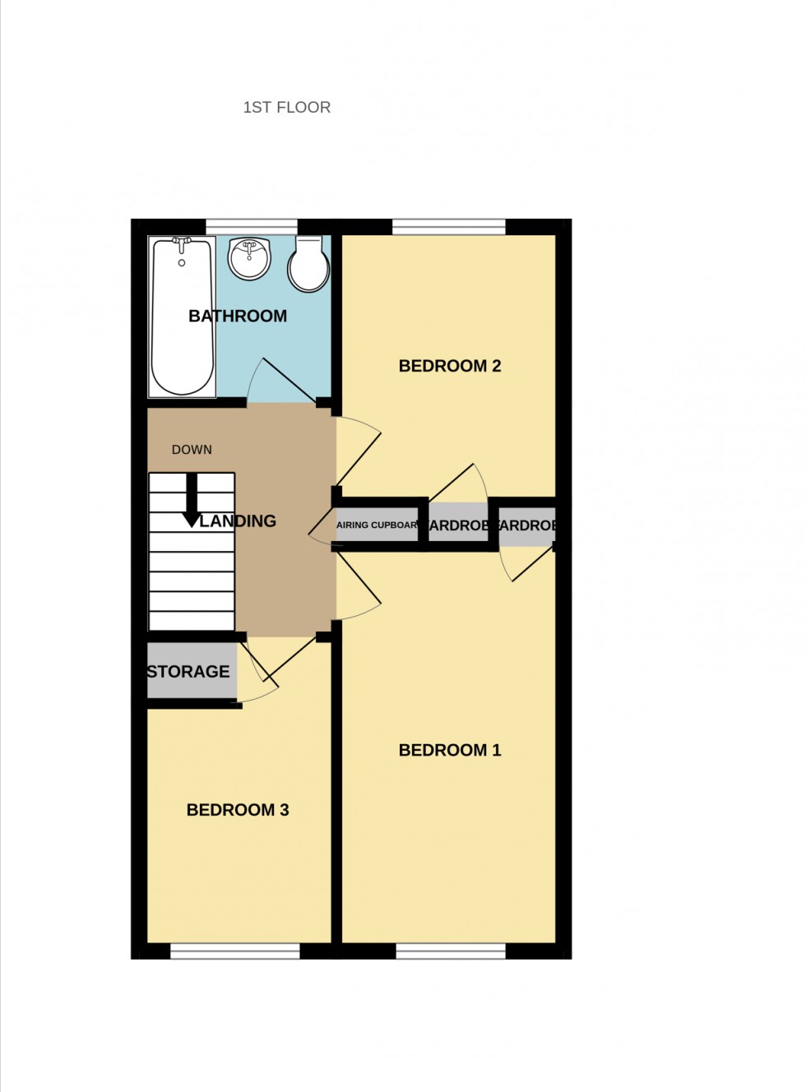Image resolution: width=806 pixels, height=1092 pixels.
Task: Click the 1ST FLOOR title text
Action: [x=286, y=107]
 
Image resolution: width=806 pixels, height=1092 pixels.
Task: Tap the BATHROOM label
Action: [x=238, y=316]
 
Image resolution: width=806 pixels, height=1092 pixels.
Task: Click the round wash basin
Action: [x=249, y=258]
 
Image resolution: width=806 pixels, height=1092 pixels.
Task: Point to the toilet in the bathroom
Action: [x=309, y=265]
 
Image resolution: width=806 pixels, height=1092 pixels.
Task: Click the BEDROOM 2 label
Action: [x=449, y=366]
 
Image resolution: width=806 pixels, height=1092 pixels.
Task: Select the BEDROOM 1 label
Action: [x=449, y=750]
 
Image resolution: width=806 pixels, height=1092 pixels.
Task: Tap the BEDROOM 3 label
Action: [x=238, y=810]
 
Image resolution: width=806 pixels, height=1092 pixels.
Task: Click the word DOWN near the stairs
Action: [x=192, y=450]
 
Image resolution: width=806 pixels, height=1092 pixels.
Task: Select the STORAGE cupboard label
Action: [x=188, y=672]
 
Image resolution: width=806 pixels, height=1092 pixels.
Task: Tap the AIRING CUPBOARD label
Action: [x=377, y=525]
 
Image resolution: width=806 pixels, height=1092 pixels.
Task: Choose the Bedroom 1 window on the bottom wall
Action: [x=451, y=951]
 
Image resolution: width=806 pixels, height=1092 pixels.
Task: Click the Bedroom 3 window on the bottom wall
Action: [x=235, y=951]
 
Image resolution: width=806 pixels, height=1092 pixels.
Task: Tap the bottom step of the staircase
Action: [x=192, y=622]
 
